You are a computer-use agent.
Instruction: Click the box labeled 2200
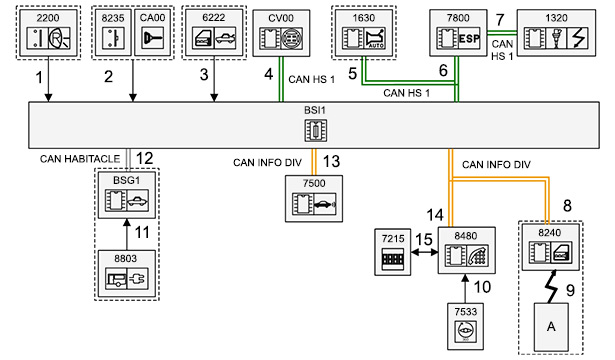tap(48, 33)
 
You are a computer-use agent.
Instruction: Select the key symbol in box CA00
tap(152, 38)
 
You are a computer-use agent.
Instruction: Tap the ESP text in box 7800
tap(469, 38)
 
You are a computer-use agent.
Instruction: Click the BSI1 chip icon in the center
tap(316, 130)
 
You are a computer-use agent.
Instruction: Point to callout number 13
tap(331, 161)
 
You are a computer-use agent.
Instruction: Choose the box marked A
tap(551, 327)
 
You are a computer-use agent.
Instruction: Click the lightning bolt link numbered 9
tap(551, 286)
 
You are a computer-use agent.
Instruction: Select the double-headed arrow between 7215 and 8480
tap(424, 252)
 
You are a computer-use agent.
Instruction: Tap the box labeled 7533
tap(466, 326)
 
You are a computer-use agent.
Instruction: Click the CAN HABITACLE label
tap(80, 159)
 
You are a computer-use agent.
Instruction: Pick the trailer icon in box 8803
tap(116, 278)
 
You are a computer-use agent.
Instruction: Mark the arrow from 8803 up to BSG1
tap(126, 234)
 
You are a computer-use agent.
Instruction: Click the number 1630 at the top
tap(364, 18)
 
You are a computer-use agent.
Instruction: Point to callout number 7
tap(499, 19)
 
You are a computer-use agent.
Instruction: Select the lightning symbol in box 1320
tap(578, 38)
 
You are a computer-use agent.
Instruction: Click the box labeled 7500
tap(314, 198)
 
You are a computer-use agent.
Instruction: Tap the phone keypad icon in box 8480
tap(477, 255)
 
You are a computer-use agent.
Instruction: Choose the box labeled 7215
tap(393, 252)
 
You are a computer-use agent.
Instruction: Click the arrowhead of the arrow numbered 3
tap(214, 98)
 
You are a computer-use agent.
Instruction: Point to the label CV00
tap(281, 18)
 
